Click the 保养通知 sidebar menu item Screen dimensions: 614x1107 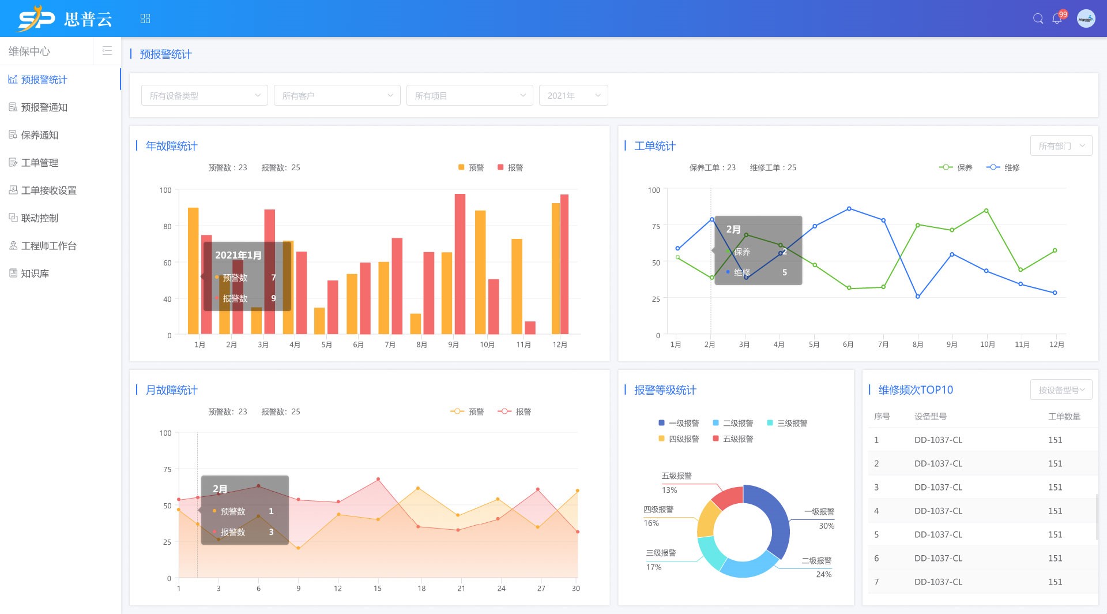(39, 135)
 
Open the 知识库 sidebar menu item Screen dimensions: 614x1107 (35, 274)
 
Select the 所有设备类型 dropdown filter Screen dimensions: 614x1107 (204, 96)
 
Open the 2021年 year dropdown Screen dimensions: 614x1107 (573, 96)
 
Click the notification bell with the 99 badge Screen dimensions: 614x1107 (1057, 18)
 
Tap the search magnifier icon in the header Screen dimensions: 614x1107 (1038, 18)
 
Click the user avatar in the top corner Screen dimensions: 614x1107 (1086, 18)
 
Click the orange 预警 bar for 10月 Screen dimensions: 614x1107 (480, 272)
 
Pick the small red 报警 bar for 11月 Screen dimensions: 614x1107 (530, 327)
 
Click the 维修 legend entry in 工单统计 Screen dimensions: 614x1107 (1004, 168)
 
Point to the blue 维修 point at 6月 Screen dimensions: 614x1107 (849, 209)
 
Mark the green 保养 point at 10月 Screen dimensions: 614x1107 (986, 211)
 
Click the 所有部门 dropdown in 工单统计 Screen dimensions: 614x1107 (1061, 146)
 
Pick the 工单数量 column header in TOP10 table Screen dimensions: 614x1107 (1064, 417)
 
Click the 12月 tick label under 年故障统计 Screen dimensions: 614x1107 (559, 345)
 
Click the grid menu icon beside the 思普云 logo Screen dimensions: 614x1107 (145, 18)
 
